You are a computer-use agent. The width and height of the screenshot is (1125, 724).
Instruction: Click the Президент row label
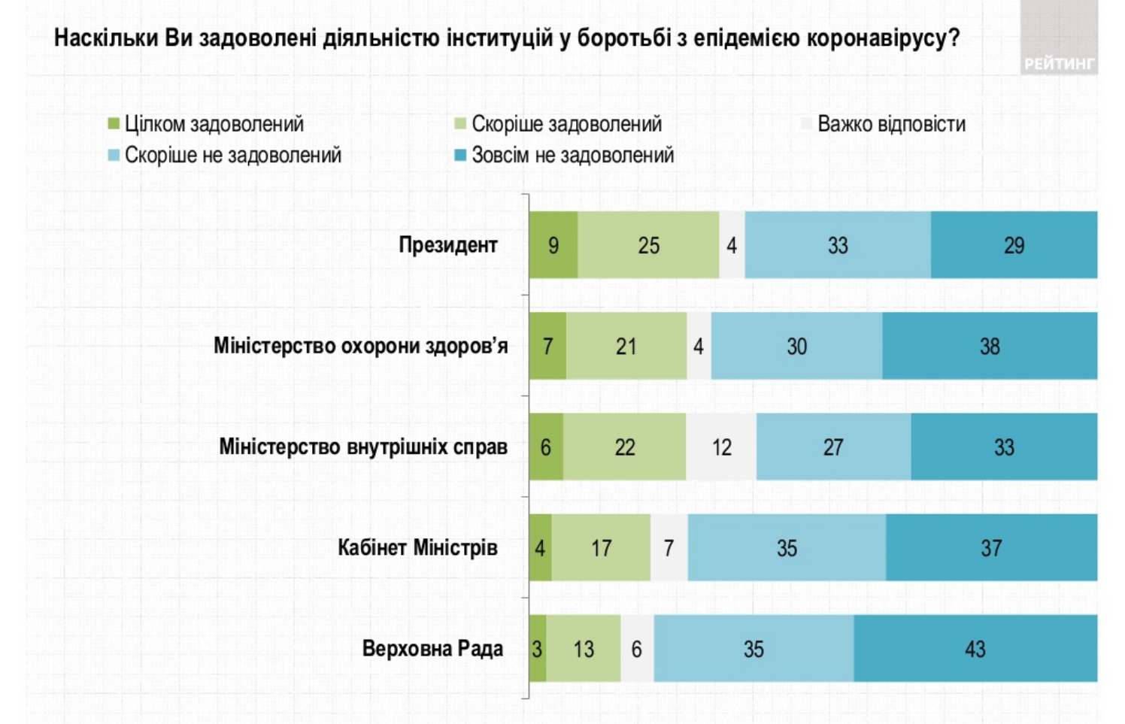(x=447, y=245)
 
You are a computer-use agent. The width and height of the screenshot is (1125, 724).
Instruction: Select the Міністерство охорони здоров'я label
(x=360, y=346)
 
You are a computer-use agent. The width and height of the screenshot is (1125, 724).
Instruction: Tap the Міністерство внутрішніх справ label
(x=363, y=447)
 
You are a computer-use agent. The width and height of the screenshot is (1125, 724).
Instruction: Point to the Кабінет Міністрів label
(x=417, y=547)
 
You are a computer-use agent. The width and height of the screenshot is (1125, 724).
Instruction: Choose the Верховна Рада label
(x=432, y=648)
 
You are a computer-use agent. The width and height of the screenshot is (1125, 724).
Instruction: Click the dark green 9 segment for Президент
(x=553, y=245)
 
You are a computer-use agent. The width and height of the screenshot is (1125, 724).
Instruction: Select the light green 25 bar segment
(x=648, y=245)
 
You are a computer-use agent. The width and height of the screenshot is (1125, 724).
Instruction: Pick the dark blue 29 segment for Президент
(x=1014, y=245)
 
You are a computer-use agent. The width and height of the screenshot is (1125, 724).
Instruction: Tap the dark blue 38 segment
(x=990, y=346)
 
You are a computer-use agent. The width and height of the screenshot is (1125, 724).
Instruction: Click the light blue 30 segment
(x=796, y=346)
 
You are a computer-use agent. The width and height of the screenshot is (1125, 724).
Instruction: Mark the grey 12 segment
(x=721, y=447)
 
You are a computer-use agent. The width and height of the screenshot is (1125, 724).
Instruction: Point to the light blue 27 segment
(x=833, y=447)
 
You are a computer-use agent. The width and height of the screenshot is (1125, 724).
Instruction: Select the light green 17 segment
(x=601, y=547)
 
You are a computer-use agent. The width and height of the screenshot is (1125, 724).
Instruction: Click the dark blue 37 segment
(x=991, y=547)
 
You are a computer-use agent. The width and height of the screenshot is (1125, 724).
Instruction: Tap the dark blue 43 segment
(x=975, y=648)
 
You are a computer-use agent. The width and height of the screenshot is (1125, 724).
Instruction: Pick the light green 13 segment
(x=584, y=648)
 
